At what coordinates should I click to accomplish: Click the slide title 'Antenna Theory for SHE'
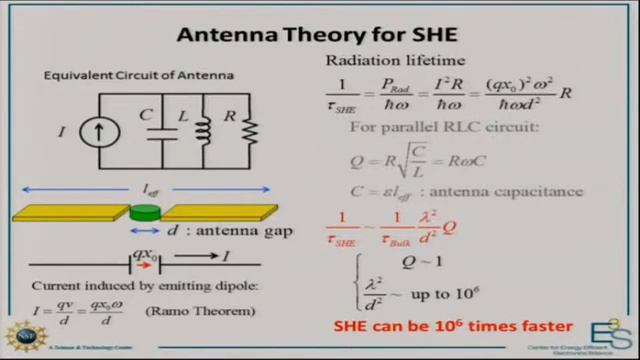[x=319, y=36]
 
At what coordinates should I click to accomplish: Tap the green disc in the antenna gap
[x=146, y=210]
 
